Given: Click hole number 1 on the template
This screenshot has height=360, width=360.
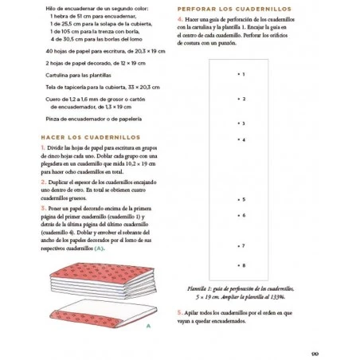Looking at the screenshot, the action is pos(238,74).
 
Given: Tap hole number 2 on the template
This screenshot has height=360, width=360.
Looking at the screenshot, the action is pos(238,100).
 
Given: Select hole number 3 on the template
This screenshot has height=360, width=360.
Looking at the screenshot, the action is pos(238,123).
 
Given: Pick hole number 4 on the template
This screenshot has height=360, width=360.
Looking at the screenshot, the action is pos(238,140).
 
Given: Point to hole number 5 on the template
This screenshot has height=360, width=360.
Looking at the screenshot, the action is pos(238,199).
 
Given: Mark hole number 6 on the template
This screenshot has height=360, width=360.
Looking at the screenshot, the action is pos(238,215).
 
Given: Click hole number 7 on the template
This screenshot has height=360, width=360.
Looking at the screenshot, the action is pos(238,246).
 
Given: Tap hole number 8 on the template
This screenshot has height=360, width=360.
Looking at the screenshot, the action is pos(238,264).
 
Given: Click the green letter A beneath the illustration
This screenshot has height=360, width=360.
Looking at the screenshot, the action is pos(149,325).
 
